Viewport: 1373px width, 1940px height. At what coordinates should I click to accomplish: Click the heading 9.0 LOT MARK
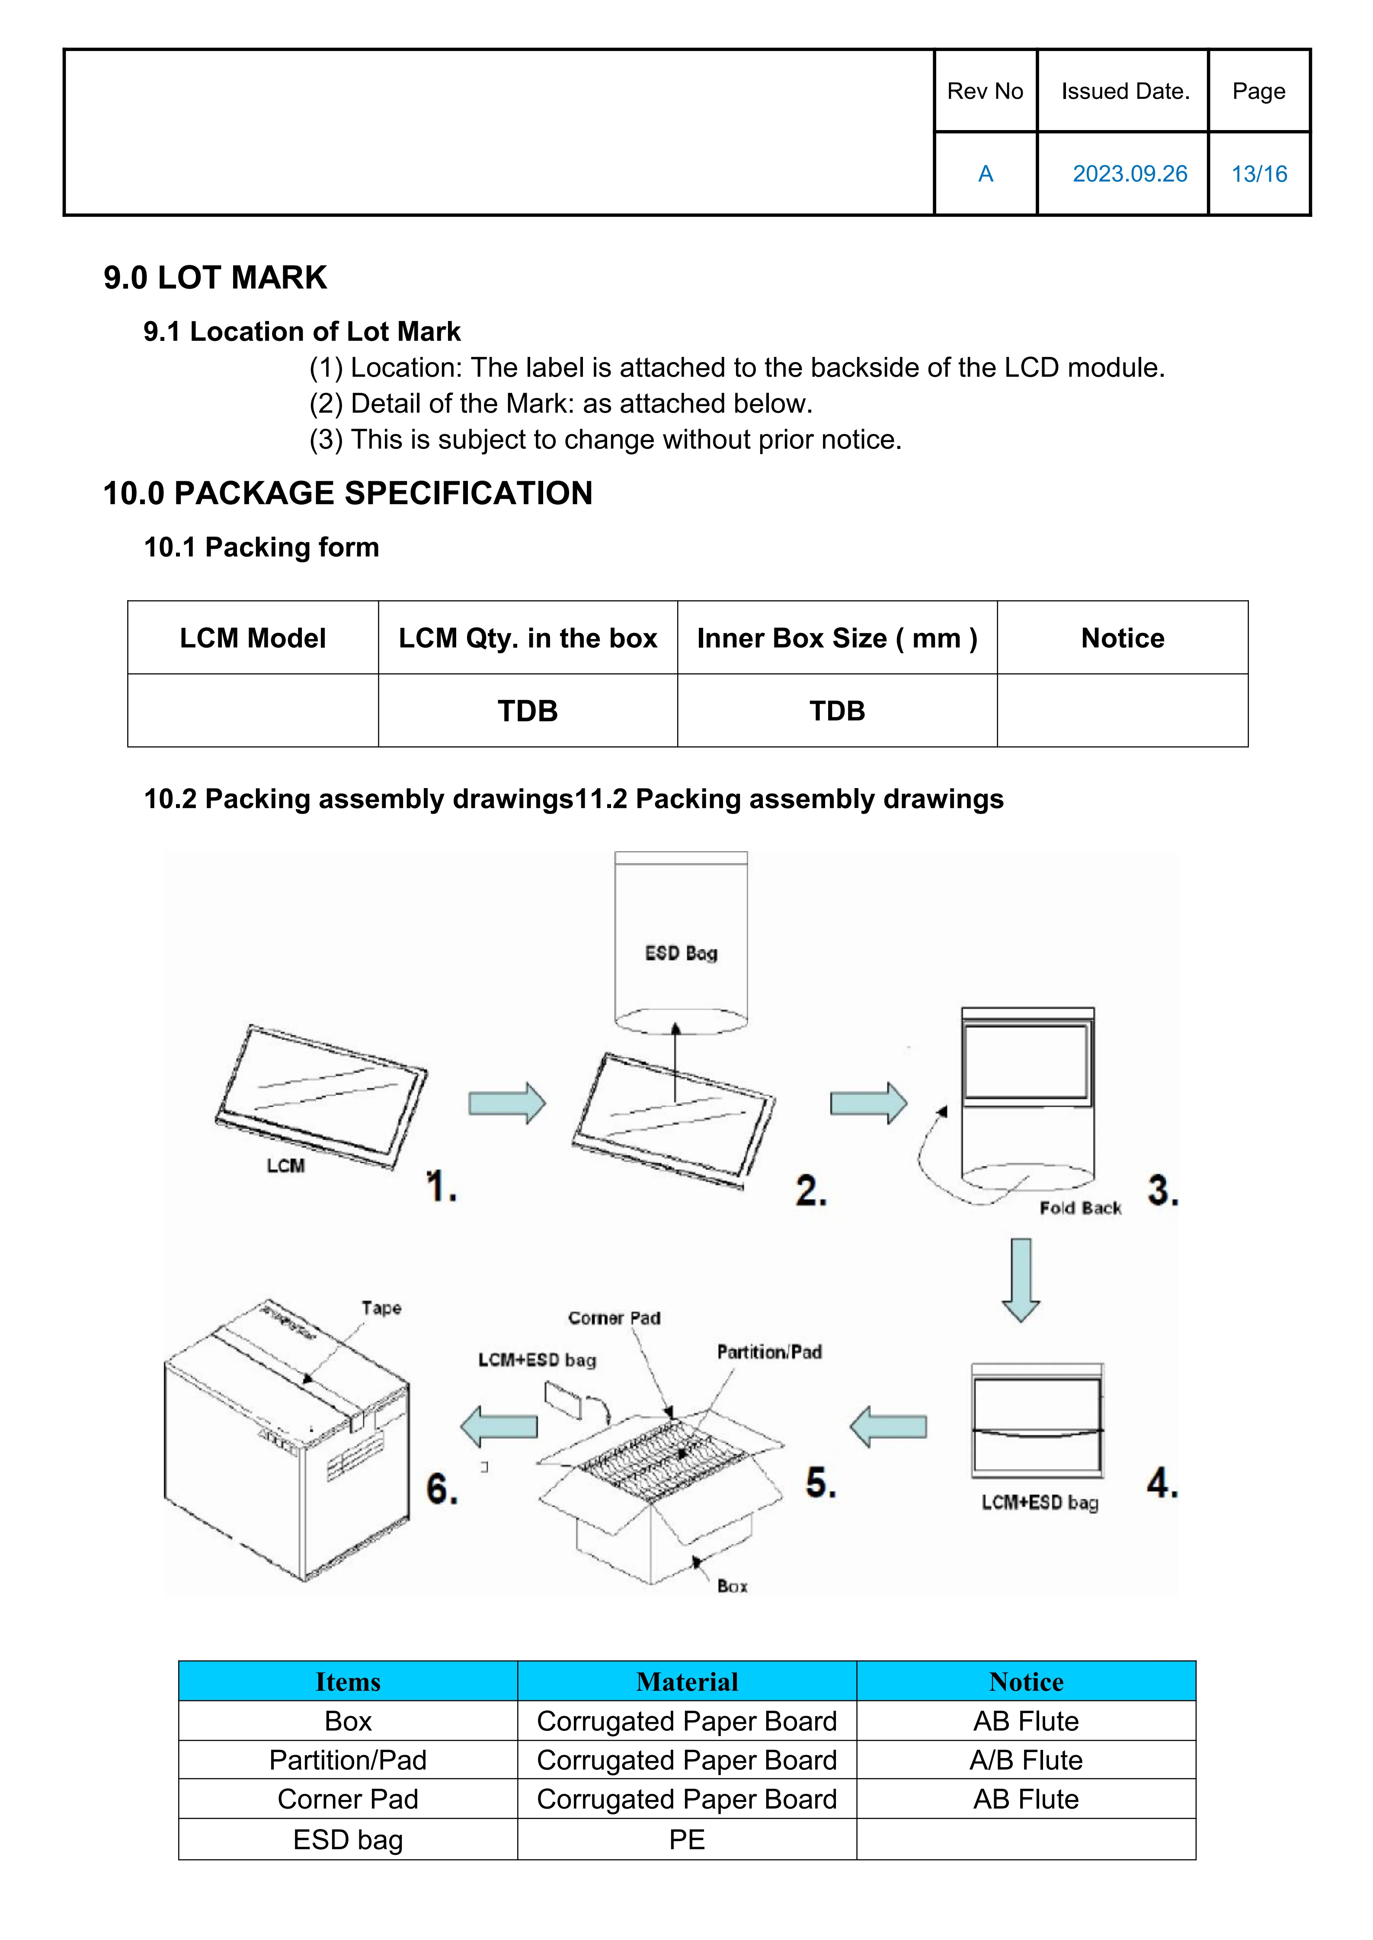[215, 277]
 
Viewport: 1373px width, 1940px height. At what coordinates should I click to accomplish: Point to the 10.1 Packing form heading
[261, 547]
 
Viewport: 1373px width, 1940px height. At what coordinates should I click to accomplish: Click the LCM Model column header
[253, 638]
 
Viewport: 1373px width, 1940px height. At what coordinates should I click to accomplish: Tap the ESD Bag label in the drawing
[681, 953]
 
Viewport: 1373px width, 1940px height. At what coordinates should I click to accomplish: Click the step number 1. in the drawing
[442, 1186]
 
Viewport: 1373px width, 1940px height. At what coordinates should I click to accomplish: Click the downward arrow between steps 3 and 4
[1021, 1279]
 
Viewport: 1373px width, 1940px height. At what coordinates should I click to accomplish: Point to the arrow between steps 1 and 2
[507, 1103]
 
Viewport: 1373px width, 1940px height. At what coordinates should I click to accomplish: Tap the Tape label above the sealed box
[381, 1308]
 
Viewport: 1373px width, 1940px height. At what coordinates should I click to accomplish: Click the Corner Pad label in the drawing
[614, 1318]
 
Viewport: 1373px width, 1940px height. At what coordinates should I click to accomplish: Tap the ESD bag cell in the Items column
[348, 1840]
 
